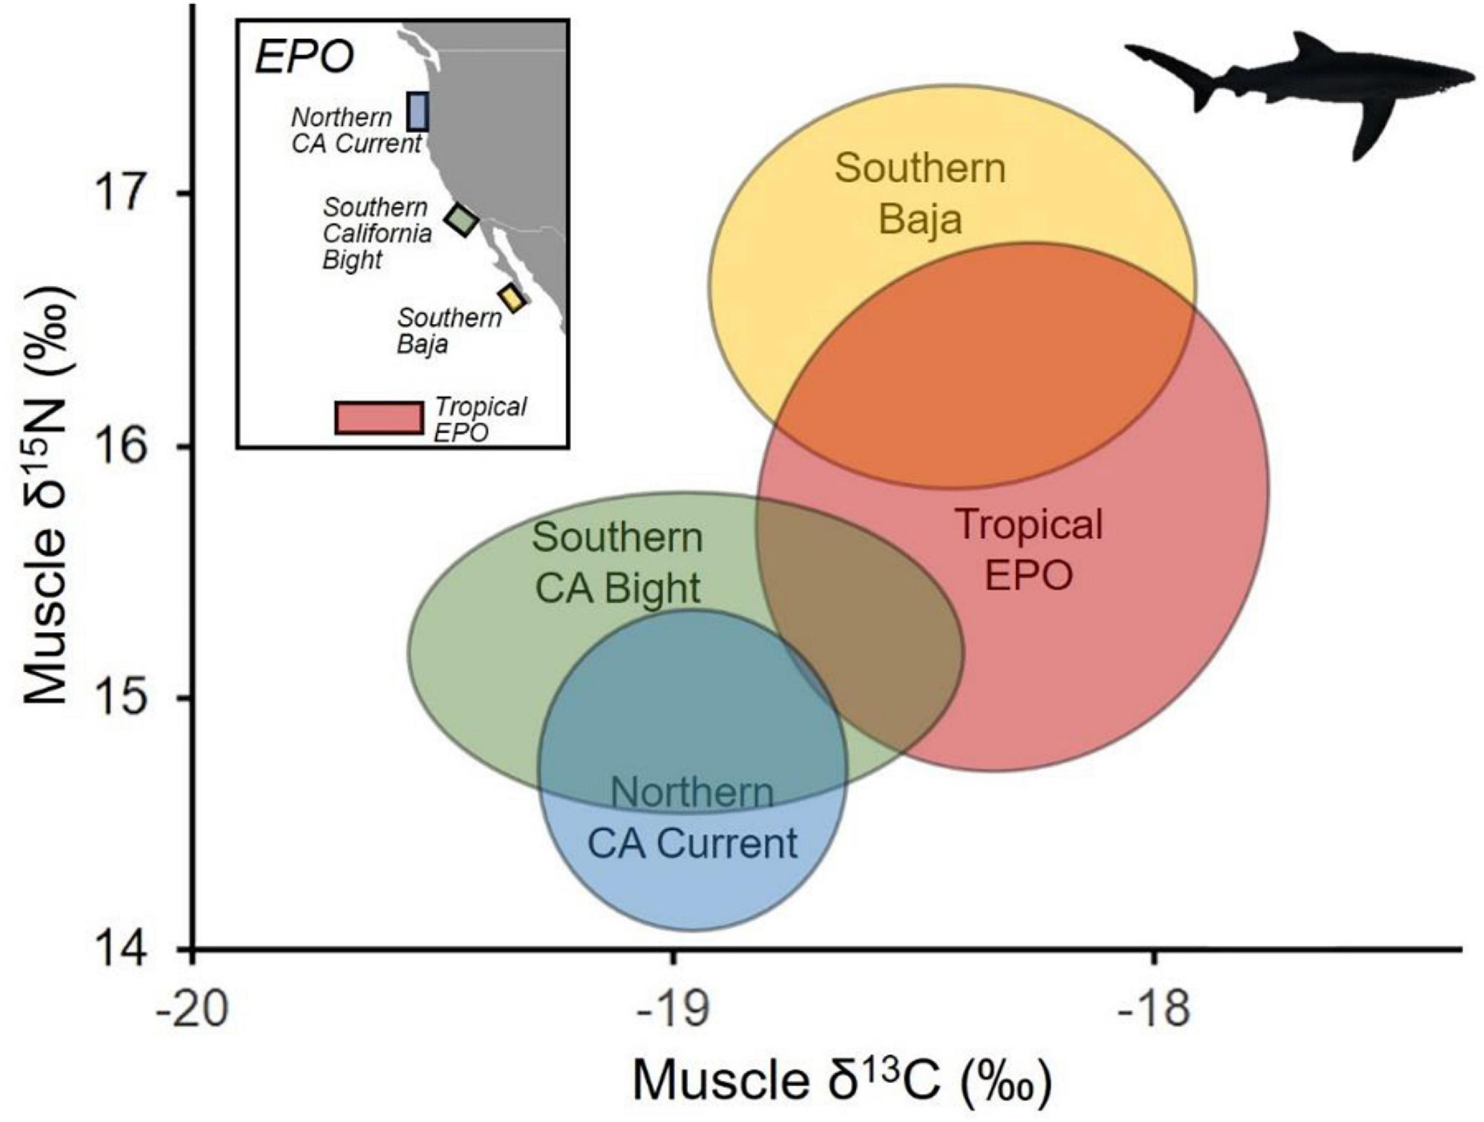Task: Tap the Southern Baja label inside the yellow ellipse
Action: coord(921,194)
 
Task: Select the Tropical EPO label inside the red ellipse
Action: coord(1029,549)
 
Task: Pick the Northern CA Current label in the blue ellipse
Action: coord(692,819)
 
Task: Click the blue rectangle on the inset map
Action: coord(418,112)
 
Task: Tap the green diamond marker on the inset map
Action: coord(462,219)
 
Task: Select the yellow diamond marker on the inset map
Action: coord(512,298)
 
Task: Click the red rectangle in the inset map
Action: coord(379,418)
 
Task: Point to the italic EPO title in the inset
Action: coord(304,59)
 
